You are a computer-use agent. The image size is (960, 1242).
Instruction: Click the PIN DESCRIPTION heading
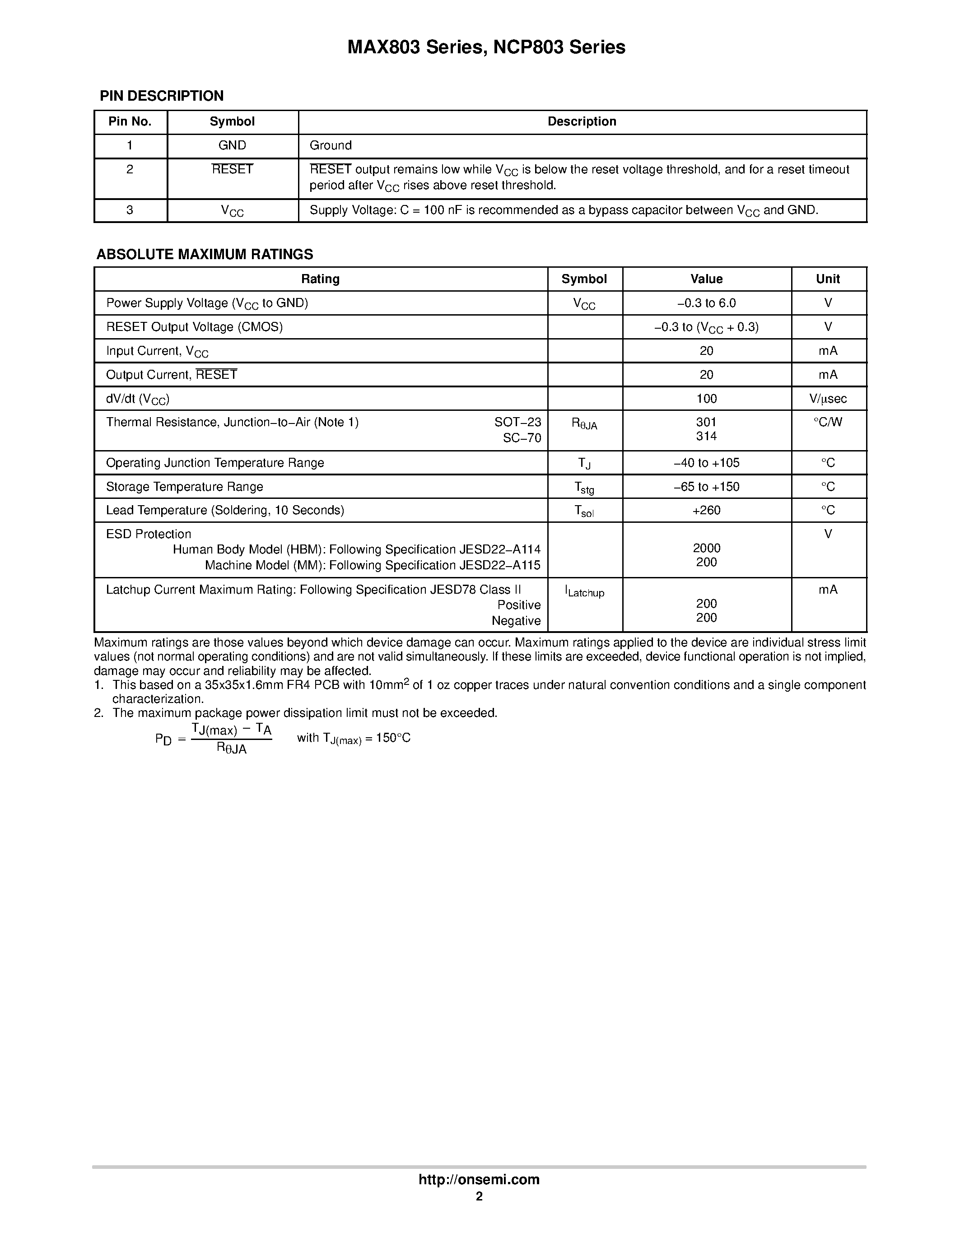(162, 96)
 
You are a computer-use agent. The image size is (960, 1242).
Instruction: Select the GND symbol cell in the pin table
(232, 145)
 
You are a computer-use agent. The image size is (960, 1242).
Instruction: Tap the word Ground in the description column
(331, 145)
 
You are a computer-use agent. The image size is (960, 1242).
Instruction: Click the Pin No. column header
(130, 122)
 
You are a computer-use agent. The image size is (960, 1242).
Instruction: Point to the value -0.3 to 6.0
(706, 303)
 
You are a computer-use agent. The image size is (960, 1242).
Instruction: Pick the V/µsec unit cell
(828, 399)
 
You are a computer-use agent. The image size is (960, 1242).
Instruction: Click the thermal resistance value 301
(706, 422)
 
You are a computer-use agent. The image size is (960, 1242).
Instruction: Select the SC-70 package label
(522, 438)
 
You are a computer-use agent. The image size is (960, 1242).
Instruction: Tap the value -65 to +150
(706, 487)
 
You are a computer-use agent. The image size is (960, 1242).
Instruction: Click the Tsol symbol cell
(584, 511)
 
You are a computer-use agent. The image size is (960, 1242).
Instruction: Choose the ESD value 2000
(706, 548)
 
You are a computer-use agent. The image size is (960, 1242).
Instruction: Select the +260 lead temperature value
(706, 510)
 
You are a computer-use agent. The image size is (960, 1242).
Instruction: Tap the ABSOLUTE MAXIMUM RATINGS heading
(205, 254)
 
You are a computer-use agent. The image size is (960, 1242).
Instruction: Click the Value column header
(706, 279)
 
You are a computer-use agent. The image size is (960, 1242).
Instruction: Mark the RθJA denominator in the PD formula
(232, 749)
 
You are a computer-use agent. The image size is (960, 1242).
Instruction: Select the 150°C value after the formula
(393, 738)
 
